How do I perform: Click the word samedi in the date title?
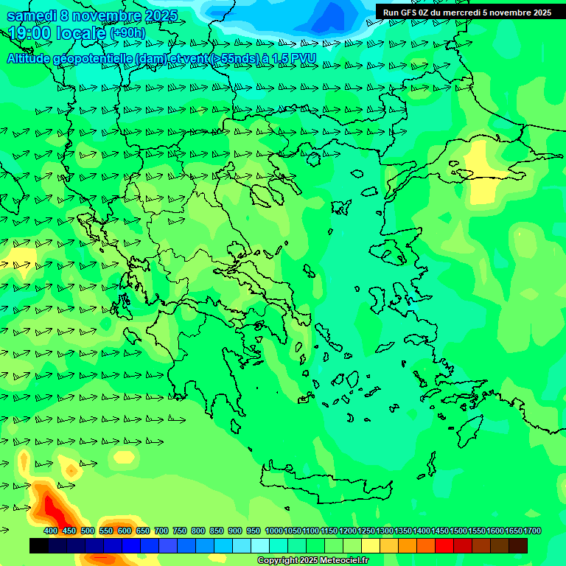point(32,15)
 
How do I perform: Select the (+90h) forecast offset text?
point(127,33)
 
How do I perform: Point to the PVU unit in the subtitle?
point(303,58)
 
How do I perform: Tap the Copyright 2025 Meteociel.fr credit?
point(313,561)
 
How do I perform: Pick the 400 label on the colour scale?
point(51,531)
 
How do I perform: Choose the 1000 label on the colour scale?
point(273,531)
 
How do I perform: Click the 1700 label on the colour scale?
point(532,531)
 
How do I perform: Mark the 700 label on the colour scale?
point(161,531)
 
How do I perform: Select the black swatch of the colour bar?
point(39,545)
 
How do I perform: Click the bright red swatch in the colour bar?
point(444,545)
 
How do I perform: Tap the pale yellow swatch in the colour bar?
point(371,545)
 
